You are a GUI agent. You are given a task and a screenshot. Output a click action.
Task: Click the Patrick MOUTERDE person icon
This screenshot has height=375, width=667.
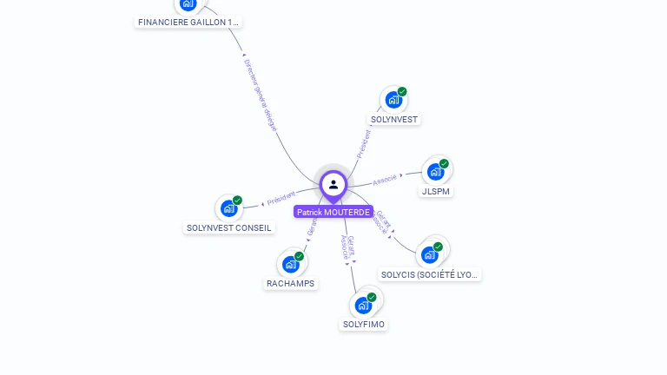coord(333,185)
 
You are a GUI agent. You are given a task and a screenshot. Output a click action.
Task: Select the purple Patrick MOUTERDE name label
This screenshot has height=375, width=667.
coord(333,212)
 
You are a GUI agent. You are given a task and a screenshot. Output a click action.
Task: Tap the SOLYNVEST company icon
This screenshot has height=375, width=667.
coord(393,100)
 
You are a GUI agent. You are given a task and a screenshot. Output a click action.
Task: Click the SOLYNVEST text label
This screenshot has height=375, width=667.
coord(394,119)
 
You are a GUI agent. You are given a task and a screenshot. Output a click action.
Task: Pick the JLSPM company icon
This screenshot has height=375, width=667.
coord(435,171)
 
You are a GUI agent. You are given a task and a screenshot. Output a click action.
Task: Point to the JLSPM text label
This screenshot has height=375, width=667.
coord(436,191)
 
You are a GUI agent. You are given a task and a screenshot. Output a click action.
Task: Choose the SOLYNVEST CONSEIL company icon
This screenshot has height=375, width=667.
coord(229,208)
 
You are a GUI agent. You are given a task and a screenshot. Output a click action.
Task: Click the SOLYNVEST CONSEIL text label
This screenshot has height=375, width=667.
coord(229,228)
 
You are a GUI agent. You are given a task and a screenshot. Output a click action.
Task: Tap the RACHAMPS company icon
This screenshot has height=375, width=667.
coord(291,264)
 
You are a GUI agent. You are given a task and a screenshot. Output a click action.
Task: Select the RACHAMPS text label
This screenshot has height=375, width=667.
coord(291,284)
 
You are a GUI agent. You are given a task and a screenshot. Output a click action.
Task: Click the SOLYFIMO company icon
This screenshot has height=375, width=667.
coord(364,306)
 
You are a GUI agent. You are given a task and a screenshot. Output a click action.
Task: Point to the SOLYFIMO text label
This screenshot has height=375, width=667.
coord(364,325)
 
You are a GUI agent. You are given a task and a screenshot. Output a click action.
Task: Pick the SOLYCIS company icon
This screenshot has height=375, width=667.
coord(429,254)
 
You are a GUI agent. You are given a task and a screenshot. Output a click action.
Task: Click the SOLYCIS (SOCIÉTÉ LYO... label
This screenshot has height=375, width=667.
coord(430,274)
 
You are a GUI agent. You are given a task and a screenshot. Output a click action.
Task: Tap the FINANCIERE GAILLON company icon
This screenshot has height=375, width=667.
coord(188,4)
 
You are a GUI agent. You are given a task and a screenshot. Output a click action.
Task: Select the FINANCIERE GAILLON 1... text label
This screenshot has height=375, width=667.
coord(188,22)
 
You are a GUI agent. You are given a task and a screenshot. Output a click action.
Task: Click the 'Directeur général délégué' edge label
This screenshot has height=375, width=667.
coord(260,95)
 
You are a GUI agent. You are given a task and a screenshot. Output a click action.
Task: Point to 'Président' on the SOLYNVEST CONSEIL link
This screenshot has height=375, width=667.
coord(281,199)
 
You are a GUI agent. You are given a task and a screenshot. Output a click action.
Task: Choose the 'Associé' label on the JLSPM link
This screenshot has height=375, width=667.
coord(385,180)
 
